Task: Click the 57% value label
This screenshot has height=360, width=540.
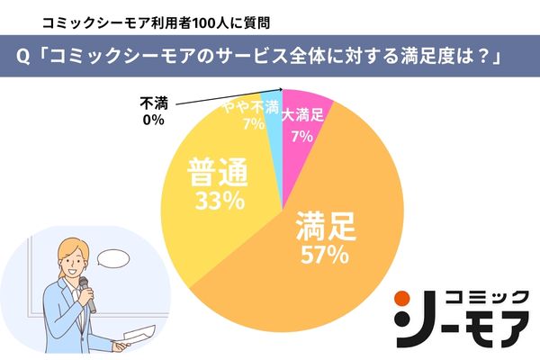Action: [323, 255]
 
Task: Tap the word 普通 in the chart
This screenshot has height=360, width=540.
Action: [218, 172]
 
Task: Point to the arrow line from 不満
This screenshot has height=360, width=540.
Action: [225, 97]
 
